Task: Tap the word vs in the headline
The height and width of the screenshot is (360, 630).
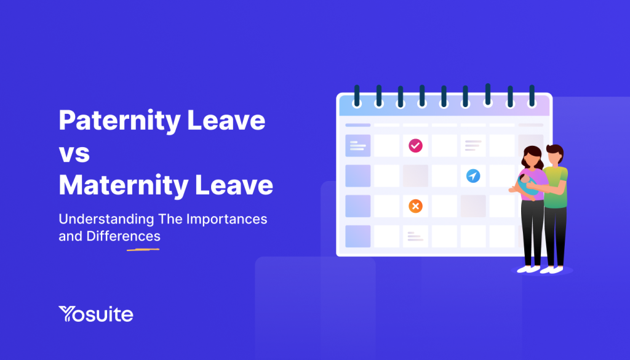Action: [x=74, y=153]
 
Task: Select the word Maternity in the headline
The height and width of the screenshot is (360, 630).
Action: [x=124, y=185]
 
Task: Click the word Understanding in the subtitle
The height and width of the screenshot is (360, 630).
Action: [x=106, y=219]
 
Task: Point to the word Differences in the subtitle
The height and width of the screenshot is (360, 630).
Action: [x=123, y=236]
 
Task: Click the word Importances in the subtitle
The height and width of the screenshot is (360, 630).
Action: [x=226, y=219]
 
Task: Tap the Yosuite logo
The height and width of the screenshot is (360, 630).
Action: [x=95, y=314]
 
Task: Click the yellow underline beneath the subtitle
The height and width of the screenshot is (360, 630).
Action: [x=143, y=249]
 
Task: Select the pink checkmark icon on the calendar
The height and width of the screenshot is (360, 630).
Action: [x=415, y=145]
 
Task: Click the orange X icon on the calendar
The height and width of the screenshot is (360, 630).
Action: [x=415, y=206]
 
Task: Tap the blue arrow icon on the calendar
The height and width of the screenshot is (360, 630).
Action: [x=473, y=175]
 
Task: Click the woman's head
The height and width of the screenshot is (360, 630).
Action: [x=532, y=157]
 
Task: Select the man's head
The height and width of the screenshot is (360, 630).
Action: [x=555, y=154]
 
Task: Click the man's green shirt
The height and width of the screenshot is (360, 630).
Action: [x=556, y=188]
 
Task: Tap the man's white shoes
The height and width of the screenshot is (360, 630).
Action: [x=552, y=270]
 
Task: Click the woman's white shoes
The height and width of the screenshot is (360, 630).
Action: [x=528, y=269]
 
